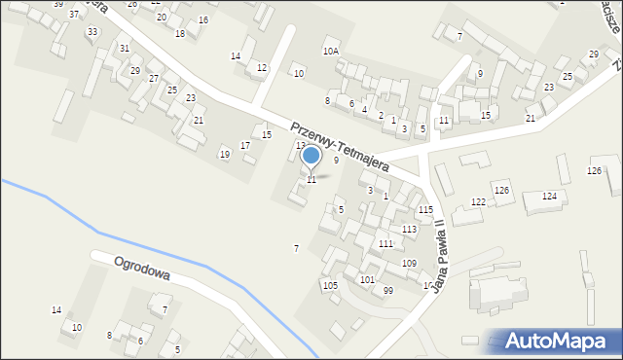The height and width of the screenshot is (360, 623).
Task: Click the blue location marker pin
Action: click(x=311, y=156)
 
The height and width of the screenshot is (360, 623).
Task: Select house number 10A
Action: click(x=331, y=51)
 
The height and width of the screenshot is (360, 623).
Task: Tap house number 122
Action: click(x=478, y=201)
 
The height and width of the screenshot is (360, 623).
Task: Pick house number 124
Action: click(x=549, y=197)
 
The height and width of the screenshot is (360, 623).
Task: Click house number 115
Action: click(x=425, y=210)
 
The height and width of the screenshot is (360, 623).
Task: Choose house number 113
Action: click(x=410, y=229)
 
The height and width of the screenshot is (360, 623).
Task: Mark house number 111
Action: click(x=385, y=244)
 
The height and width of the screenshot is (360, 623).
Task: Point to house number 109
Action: click(x=409, y=264)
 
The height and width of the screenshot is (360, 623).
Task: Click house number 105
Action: click(x=330, y=285)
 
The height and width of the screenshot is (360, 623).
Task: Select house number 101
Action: click(x=367, y=279)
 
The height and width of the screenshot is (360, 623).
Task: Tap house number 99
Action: click(x=388, y=291)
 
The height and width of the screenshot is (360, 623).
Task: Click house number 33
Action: click(x=92, y=32)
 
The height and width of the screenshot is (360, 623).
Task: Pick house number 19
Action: click(x=225, y=154)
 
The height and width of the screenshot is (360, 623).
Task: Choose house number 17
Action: click(x=245, y=146)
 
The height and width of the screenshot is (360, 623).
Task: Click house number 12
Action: click(x=262, y=67)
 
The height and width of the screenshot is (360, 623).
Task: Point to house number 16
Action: click(x=202, y=20)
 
